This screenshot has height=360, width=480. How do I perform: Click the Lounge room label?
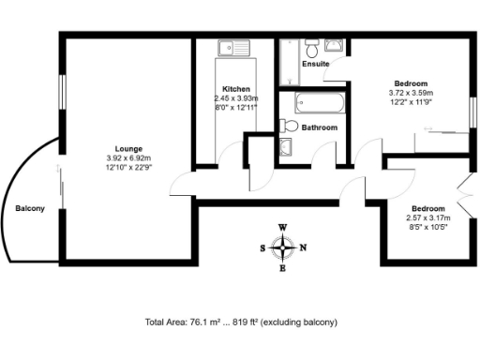click(128, 149)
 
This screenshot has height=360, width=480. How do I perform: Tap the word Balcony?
click(29, 208)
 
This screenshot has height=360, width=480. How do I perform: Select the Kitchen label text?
click(235, 88)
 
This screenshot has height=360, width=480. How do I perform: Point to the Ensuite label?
click(316, 65)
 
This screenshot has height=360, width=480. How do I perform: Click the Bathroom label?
click(319, 127)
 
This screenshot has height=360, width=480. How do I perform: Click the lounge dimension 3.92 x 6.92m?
click(128, 158)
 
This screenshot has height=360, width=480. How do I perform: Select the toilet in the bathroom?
click(290, 126)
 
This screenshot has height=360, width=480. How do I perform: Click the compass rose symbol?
click(282, 247)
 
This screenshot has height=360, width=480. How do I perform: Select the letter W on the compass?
click(282, 228)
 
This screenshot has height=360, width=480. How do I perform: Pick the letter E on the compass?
click(282, 268)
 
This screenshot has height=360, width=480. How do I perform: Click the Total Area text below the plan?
click(241, 322)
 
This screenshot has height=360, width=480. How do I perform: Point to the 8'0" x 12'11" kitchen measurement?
click(235, 107)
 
